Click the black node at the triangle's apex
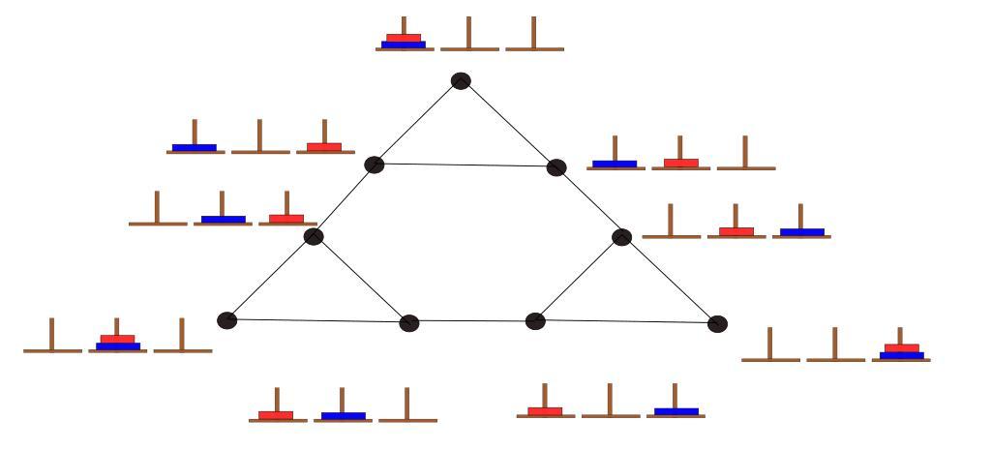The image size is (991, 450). tap(462, 81)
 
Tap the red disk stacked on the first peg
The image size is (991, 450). tap(404, 38)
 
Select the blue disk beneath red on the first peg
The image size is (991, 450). tap(404, 45)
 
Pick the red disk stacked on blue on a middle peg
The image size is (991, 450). tap(117, 339)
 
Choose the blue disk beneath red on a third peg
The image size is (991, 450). tap(901, 355)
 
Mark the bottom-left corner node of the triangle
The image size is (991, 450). tap(227, 320)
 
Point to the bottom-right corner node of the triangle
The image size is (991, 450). tap(717, 323)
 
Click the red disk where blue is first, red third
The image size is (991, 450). tap(324, 147)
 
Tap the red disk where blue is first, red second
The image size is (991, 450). tap(681, 163)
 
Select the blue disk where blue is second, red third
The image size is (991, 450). tap(223, 220)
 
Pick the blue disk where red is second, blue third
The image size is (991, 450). tap(801, 232)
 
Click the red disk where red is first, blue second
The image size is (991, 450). tap(276, 415)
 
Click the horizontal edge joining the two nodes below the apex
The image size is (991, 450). tap(465, 165)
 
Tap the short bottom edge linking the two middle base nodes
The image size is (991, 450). tap(472, 321)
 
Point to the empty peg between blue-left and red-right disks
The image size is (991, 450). tap(260, 136)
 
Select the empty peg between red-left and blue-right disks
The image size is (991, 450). tap(610, 400)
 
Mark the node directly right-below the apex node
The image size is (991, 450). tap(556, 167)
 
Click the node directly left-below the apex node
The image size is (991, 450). tap(375, 165)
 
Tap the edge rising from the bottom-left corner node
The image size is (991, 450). tap(270, 279)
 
